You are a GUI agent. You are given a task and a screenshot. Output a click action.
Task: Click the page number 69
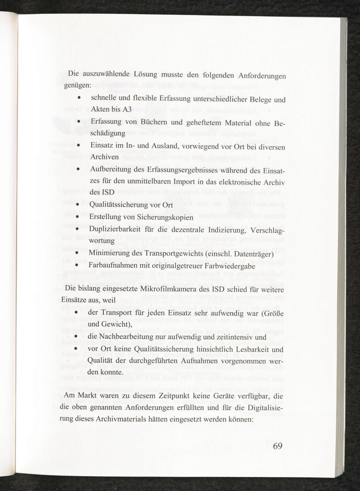tap(277, 446)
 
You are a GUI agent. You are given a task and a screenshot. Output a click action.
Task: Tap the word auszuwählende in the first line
tap(106, 74)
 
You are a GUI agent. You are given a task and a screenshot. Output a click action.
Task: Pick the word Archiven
tap(104, 157)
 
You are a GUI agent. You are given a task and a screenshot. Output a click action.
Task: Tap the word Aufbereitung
tap(111, 169)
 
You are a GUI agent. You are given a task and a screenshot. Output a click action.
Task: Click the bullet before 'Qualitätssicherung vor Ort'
tap(77, 206)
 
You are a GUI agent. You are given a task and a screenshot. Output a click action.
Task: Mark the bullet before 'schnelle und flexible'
tap(79, 98)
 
